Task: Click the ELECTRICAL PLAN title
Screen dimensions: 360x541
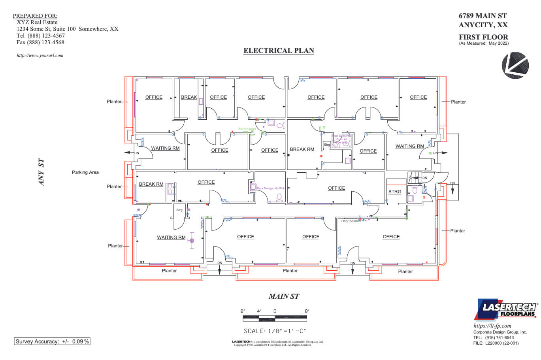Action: tap(279, 51)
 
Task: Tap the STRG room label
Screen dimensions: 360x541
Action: tap(394, 192)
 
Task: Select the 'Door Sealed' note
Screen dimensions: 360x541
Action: tap(351, 221)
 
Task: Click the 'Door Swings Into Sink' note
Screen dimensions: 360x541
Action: tap(271, 188)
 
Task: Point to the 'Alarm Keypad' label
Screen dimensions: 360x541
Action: tap(247, 129)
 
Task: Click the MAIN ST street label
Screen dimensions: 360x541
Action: tap(284, 296)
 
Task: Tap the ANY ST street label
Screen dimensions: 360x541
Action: tap(41, 172)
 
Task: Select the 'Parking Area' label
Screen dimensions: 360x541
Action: tap(85, 172)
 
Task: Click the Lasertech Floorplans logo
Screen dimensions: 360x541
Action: tap(506, 309)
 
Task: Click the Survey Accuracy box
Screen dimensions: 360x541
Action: tap(52, 341)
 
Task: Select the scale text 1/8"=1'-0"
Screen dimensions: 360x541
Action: tap(275, 331)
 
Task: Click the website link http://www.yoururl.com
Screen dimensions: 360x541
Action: tap(40, 55)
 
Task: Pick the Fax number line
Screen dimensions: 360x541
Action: tap(40, 42)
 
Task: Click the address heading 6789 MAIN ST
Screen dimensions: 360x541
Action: tap(483, 16)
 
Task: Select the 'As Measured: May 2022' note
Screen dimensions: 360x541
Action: tap(484, 43)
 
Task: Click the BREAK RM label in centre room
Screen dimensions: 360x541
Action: tap(302, 149)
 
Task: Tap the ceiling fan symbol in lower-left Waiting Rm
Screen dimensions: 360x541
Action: tap(192, 240)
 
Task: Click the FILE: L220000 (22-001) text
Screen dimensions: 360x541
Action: tap(496, 343)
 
